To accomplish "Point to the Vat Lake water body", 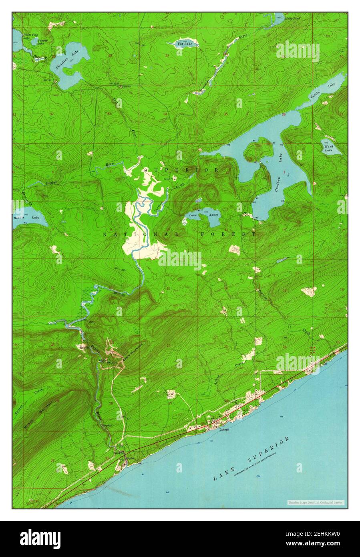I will [179, 44].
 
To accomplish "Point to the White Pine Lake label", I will [29, 36].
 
